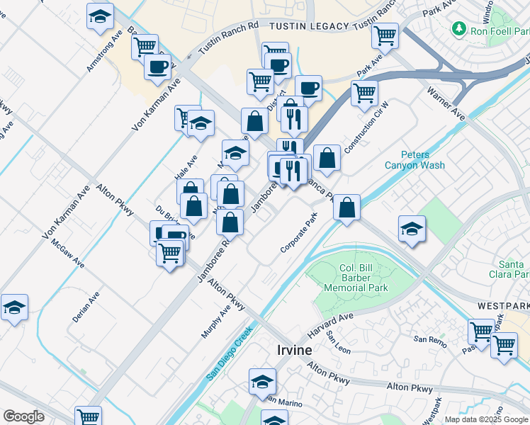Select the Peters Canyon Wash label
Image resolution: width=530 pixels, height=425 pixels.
pyautogui.click(x=415, y=160)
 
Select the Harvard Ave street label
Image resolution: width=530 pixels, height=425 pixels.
pyautogui.click(x=329, y=325)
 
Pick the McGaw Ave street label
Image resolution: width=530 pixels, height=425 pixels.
pyautogui.click(x=67, y=253)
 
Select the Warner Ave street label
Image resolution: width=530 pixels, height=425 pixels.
pyautogui.click(x=446, y=103)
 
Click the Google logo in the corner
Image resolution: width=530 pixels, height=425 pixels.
pyautogui.click(x=24, y=416)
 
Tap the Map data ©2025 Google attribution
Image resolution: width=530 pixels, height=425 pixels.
pyautogui.click(x=485, y=419)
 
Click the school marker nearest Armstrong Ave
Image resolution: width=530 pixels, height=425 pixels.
pyautogui.click(x=100, y=15)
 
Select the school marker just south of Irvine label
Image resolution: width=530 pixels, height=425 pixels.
pyautogui.click(x=262, y=381)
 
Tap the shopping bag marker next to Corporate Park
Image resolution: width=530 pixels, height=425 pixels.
pyautogui.click(x=346, y=208)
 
